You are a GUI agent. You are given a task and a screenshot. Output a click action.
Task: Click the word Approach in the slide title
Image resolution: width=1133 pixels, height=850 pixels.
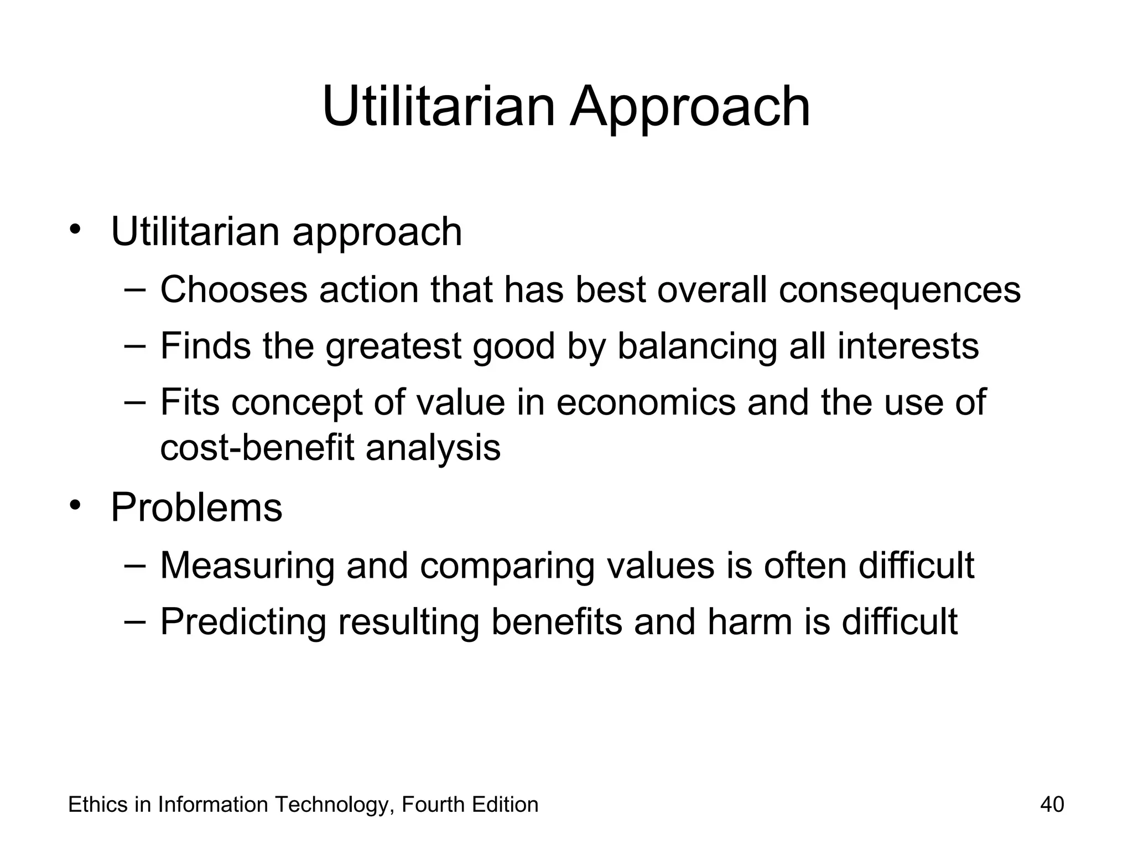[690, 108]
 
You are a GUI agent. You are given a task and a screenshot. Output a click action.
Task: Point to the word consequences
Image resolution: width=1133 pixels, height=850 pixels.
[900, 291]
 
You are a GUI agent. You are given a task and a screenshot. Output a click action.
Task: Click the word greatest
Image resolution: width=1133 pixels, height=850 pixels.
[393, 347]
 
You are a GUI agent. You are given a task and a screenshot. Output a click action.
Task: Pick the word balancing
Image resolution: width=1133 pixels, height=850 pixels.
[697, 347]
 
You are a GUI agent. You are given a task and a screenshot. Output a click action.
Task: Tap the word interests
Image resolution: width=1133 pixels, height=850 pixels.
[908, 346]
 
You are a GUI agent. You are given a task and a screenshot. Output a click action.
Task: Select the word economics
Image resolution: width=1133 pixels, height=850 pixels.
[646, 402]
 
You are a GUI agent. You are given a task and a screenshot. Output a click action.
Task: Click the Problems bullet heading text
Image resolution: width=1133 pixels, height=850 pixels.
[196, 507]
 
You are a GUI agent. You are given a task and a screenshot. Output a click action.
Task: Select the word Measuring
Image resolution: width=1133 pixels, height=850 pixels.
[247, 566]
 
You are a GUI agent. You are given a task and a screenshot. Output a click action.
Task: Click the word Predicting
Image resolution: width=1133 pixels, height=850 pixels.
[243, 623]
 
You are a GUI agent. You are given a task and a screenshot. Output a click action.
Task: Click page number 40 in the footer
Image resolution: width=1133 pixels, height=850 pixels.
[1052, 805]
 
